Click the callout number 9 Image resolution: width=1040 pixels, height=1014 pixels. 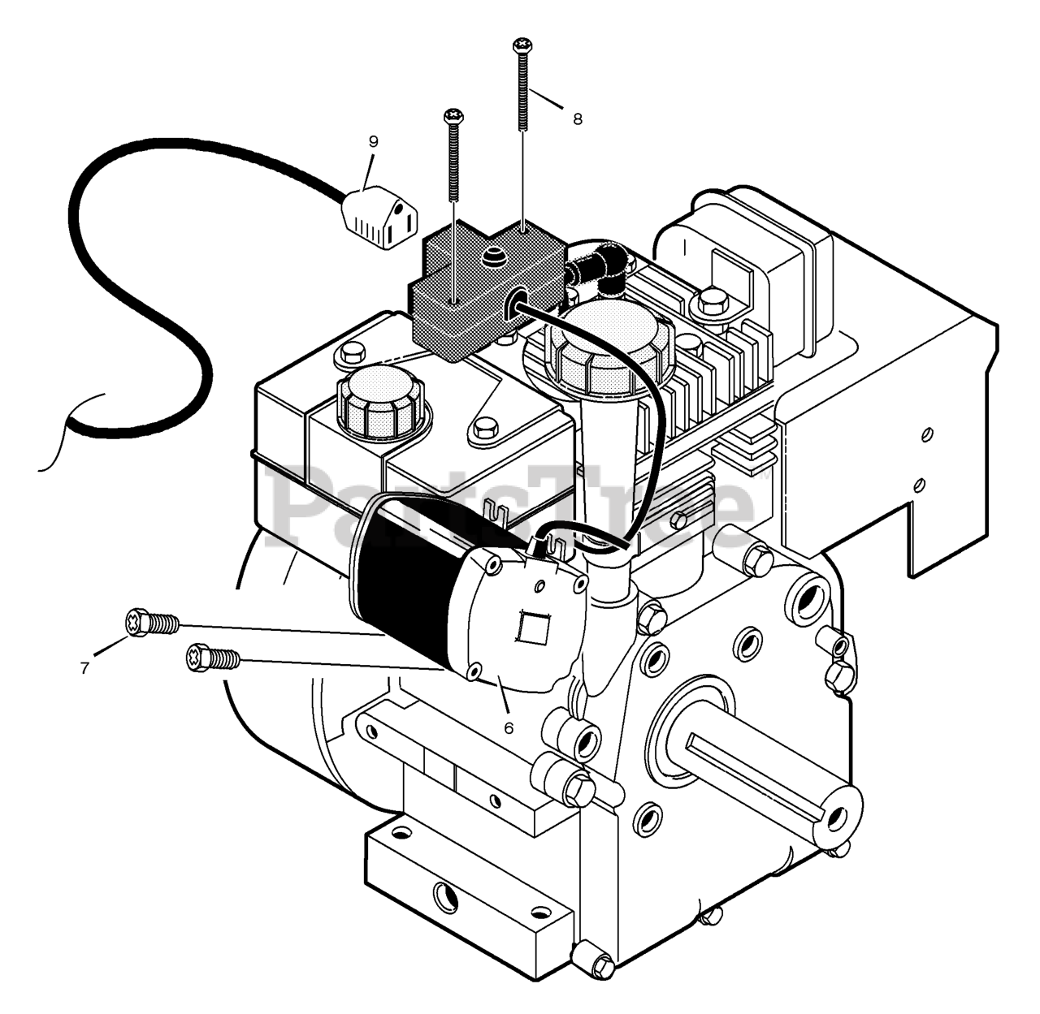[x=373, y=141]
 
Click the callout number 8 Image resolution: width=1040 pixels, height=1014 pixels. [x=577, y=119]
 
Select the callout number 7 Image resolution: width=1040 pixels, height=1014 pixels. [x=84, y=668]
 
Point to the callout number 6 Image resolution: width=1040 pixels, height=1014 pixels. [x=509, y=728]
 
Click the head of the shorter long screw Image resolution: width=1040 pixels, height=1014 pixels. [x=453, y=116]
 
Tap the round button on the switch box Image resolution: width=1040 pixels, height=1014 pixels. [x=492, y=257]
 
